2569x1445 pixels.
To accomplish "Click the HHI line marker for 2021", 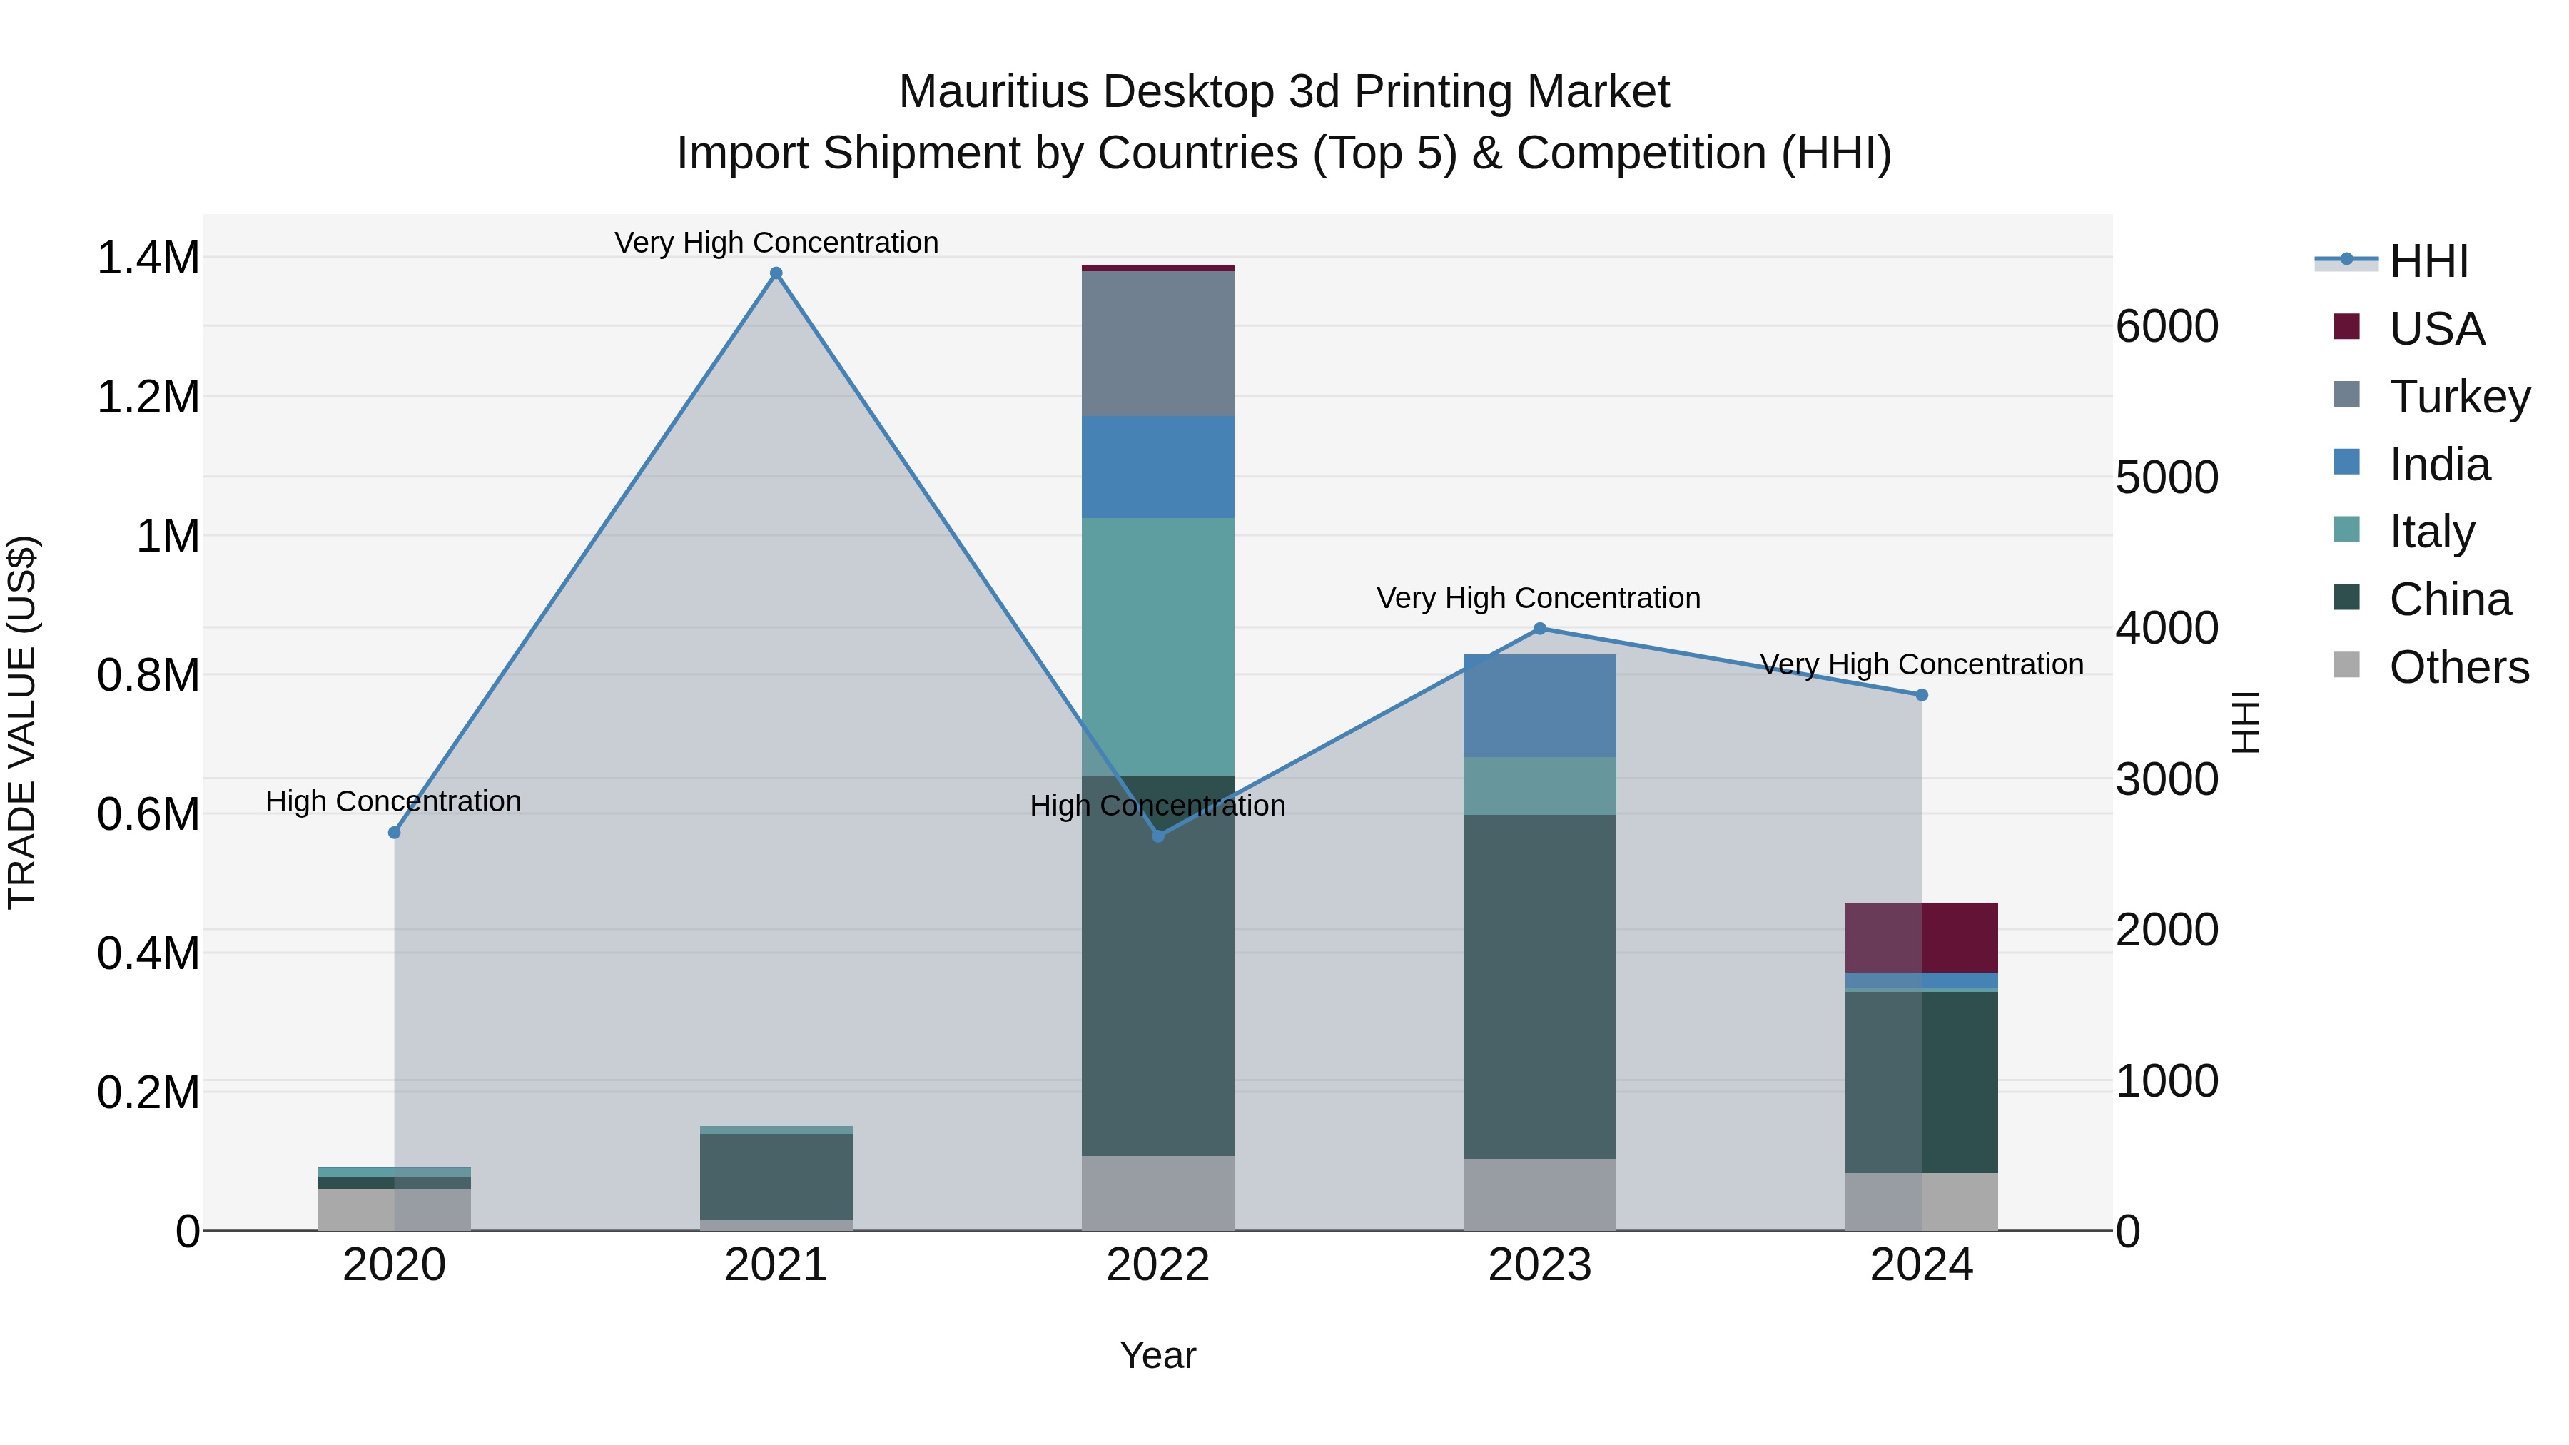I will pyautogui.click(x=776, y=273).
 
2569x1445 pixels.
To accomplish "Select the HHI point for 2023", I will pyautogui.click(x=1539, y=628).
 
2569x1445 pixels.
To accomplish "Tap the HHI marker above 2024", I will pyautogui.click(x=1922, y=695).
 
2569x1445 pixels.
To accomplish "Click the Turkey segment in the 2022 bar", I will pyautogui.click(x=1158, y=343).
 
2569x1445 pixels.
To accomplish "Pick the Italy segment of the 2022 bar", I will pyautogui.click(x=1158, y=647).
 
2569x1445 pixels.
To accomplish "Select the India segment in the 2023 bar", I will pyautogui.click(x=1539, y=705).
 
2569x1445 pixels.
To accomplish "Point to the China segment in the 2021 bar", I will pyautogui.click(x=776, y=1176).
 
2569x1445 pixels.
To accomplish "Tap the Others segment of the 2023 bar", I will pyautogui.click(x=1539, y=1194).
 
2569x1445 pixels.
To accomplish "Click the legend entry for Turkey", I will pyautogui.click(x=2458, y=396).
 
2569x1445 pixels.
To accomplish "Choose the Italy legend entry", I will pyautogui.click(x=2431, y=532).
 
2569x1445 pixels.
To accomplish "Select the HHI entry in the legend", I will pyautogui.click(x=2428, y=261).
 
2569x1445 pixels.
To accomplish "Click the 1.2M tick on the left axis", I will pyautogui.click(x=148, y=397).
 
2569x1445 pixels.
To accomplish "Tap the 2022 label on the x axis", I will pyautogui.click(x=1158, y=1265).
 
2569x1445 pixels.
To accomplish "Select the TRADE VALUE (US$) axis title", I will pyautogui.click(x=22, y=722).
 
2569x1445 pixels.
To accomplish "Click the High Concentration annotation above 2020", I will pyautogui.click(x=393, y=802).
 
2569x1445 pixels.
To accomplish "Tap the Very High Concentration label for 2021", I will pyautogui.click(x=776, y=243).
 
